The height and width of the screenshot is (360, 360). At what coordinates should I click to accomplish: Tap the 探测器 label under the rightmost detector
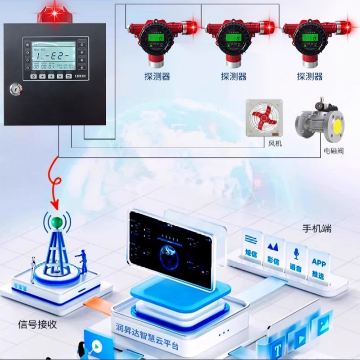pos(310,76)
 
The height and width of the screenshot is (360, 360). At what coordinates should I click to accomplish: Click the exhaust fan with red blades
pos(264,117)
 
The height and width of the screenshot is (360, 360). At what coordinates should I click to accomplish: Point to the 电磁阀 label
pos(333,151)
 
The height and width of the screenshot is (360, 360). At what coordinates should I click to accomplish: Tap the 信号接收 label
pos(37,324)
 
